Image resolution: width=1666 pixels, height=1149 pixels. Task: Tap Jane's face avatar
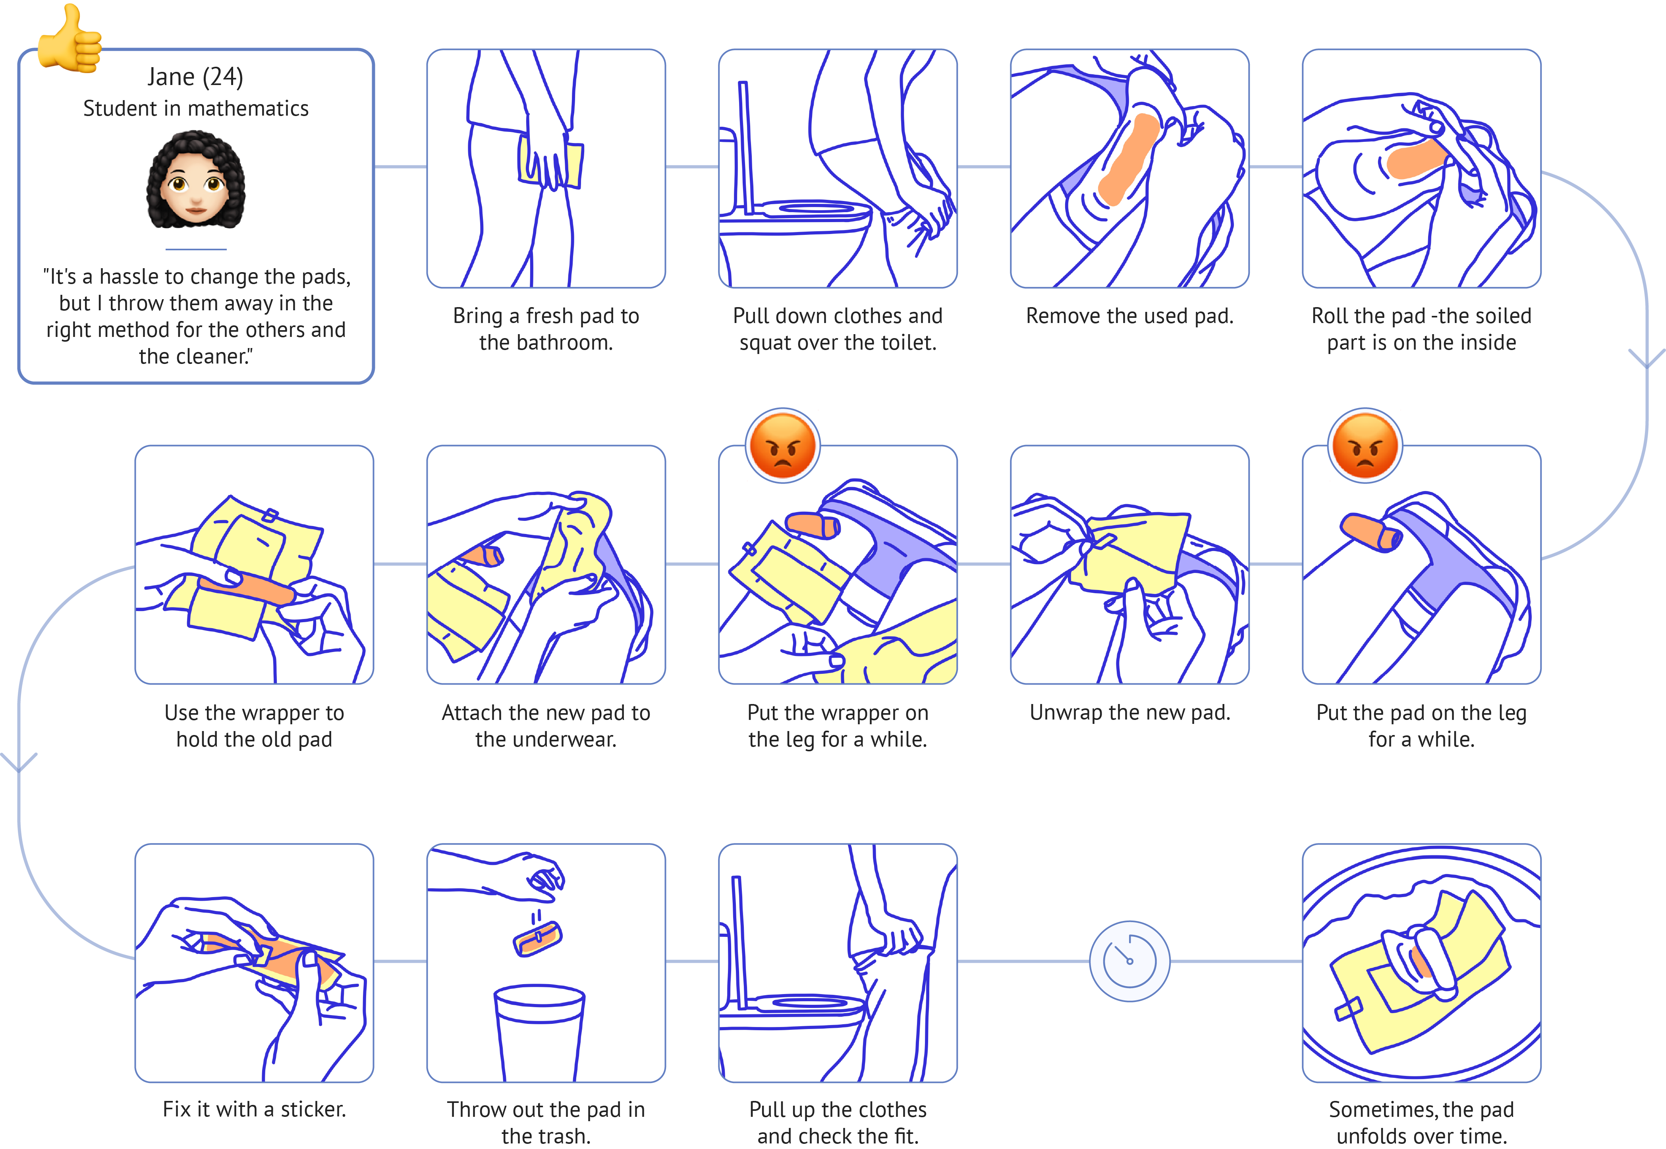point(196,180)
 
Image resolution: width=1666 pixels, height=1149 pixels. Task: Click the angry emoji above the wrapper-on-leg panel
point(783,445)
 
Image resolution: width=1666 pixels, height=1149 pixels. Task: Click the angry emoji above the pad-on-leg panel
point(1365,445)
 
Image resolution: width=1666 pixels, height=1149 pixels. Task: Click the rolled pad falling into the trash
point(538,938)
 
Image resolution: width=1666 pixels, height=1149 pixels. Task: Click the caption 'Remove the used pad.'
point(1129,316)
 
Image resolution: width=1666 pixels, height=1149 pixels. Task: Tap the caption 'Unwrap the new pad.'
point(1129,713)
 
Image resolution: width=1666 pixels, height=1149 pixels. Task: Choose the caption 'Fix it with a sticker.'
point(254,1109)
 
